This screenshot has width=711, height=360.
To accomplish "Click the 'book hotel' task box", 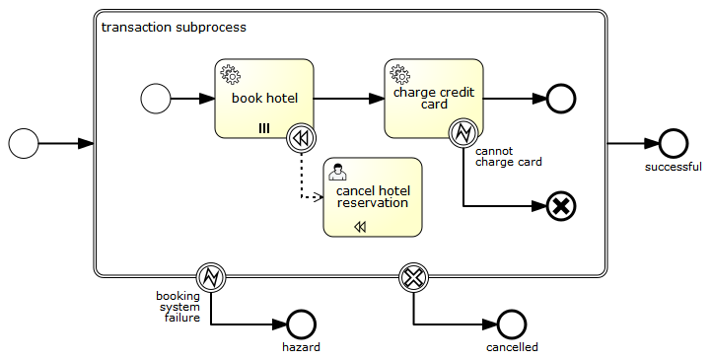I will tap(263, 99).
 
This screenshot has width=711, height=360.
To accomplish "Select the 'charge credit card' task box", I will tap(434, 99).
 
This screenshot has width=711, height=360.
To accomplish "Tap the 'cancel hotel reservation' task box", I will tap(373, 197).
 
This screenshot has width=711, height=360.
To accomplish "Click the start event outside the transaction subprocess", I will tap(24, 143).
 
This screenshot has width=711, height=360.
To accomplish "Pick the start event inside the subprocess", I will tap(156, 99).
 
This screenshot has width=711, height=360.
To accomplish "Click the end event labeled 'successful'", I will tap(674, 143).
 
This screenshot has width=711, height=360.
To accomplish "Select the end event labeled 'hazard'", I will tap(301, 324).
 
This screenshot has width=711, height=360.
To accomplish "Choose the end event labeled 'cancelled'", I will tap(512, 324).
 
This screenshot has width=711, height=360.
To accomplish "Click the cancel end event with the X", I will tap(561, 206).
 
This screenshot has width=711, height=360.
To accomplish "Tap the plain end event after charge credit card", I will tap(561, 99).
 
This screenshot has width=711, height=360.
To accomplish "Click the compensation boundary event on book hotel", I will tap(301, 138).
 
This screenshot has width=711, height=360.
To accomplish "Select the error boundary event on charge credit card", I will tap(463, 133).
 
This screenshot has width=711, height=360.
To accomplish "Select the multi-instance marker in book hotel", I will tap(264, 128).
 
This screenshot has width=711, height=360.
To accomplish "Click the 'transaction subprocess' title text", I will tap(174, 27).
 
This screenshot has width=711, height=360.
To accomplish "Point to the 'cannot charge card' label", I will tap(508, 157).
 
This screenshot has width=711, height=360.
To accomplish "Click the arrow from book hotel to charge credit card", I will tap(349, 99).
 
